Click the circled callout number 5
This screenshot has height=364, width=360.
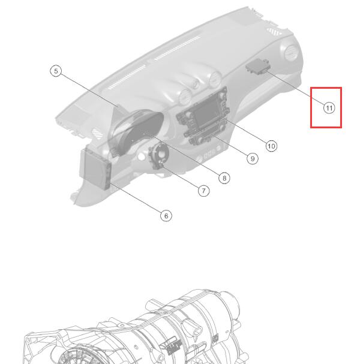pyautogui.click(x=56, y=71)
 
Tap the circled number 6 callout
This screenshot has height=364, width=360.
pyautogui.click(x=166, y=216)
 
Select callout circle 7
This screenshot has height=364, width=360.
pyautogui.click(x=203, y=191)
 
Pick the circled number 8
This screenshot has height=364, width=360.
pyautogui.click(x=224, y=178)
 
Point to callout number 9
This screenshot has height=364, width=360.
pyautogui.click(x=253, y=158)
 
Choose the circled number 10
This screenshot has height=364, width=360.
pyautogui.click(x=271, y=146)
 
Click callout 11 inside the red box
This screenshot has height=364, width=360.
pyautogui.click(x=329, y=108)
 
